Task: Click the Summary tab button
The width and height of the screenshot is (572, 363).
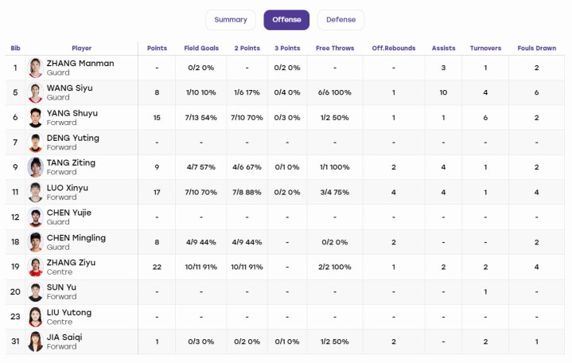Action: [231, 20]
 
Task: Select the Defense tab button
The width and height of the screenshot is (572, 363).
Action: [340, 20]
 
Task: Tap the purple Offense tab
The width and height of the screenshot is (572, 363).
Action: [286, 20]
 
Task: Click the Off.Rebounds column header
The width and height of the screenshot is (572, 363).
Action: [394, 49]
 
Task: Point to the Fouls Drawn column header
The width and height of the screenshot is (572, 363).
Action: [537, 49]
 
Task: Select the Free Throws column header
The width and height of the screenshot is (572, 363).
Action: [335, 49]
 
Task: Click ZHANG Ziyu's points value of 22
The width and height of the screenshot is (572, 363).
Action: [157, 267]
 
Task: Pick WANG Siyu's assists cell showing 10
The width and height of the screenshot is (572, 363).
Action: [443, 92]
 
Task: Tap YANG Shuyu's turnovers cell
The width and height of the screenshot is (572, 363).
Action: [485, 118]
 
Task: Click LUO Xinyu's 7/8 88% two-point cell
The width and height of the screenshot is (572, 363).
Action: [247, 192]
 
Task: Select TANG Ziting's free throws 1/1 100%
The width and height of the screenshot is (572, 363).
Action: [334, 167]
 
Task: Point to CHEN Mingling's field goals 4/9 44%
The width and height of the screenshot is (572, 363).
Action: [201, 242]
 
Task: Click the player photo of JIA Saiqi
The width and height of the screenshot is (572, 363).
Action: [35, 342]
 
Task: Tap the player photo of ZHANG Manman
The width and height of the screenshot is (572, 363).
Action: [35, 68]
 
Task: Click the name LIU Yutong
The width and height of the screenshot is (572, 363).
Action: [69, 313]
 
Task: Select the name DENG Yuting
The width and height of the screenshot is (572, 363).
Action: [73, 138]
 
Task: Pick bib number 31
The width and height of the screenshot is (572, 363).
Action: [15, 342]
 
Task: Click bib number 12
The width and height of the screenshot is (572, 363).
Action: [15, 217]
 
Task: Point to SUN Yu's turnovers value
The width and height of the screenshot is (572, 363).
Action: [485, 292]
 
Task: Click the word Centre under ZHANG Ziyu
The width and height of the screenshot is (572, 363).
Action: [60, 272]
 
